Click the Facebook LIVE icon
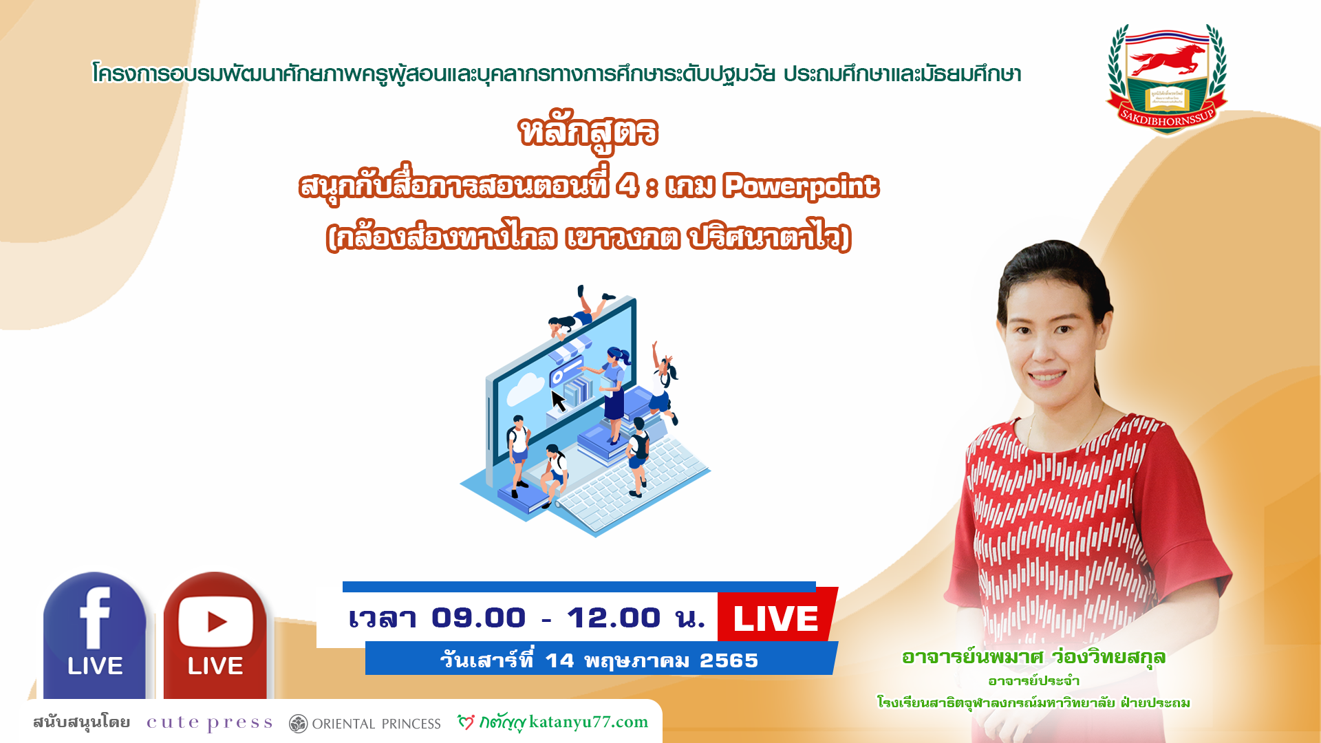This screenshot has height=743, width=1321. tap(95, 636)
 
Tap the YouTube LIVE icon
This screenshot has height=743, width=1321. tap(215, 636)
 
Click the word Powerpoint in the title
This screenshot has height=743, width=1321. tap(801, 186)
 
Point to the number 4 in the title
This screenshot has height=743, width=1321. tap(627, 186)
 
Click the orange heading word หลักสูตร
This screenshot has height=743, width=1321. tap(589, 133)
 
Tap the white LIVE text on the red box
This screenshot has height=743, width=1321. tap(775, 618)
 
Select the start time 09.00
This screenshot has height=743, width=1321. tap(479, 618)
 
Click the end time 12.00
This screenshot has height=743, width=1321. tap(614, 618)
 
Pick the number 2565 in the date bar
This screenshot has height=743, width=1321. tap(729, 660)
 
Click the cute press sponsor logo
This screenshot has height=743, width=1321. tap(209, 723)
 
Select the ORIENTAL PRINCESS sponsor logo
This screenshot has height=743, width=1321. tap(365, 724)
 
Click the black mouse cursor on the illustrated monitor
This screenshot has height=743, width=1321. tap(559, 400)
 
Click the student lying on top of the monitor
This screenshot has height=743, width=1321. tap(580, 313)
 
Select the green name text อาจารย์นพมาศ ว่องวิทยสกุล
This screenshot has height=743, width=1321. tap(1033, 658)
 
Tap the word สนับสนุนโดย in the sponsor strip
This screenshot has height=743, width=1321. tap(81, 722)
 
